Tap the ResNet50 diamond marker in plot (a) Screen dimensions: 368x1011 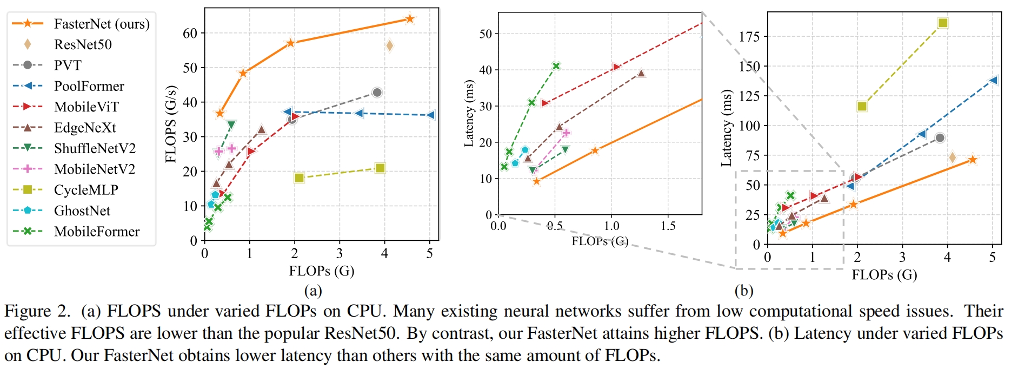[x=389, y=46]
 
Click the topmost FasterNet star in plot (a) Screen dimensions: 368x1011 [x=409, y=19]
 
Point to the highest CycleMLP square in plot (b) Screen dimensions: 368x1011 [x=943, y=23]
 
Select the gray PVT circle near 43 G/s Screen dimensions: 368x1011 [x=377, y=93]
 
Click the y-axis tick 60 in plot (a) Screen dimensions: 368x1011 [x=190, y=34]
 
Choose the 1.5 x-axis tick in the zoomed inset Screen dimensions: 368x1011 [x=668, y=226]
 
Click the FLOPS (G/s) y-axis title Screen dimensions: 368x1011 [x=171, y=124]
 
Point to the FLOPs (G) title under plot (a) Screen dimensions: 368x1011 [x=321, y=271]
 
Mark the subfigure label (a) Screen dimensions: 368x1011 [x=313, y=291]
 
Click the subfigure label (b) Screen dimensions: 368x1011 [x=743, y=291]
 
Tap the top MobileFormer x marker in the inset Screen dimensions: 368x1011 [x=556, y=66]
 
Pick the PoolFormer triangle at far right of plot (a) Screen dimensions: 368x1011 [x=430, y=115]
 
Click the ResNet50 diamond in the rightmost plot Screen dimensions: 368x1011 [x=952, y=157]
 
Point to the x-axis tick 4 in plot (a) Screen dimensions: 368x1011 [x=384, y=253]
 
